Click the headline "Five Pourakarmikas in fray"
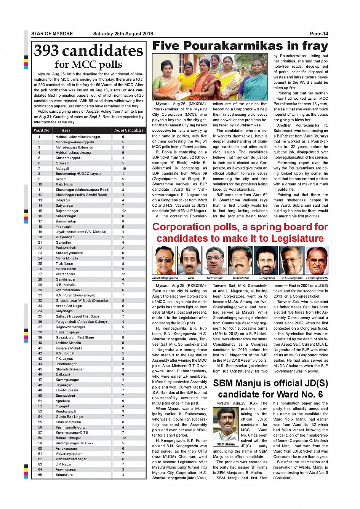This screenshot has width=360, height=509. [240, 46]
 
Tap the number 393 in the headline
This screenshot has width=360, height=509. [46, 51]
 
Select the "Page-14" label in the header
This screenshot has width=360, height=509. [319, 34]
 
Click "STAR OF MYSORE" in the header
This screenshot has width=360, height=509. [52, 34]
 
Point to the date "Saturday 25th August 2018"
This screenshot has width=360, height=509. [123, 34]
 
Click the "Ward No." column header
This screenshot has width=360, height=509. [42, 130]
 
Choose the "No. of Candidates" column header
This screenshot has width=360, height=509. [129, 130]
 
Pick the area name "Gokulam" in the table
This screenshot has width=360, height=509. [62, 163]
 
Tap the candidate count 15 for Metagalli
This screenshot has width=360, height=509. [124, 169]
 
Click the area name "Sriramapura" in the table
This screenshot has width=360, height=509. [64, 475]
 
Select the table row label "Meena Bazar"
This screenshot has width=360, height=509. [66, 269]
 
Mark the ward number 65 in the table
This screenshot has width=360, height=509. [40, 475]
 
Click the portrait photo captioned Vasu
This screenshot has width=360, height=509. [190, 261]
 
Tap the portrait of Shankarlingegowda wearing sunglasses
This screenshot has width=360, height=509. [165, 261]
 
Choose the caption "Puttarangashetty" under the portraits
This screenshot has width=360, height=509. [317, 278]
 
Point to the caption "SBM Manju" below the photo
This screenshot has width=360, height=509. [226, 444]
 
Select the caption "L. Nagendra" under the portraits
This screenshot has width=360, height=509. [267, 278]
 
